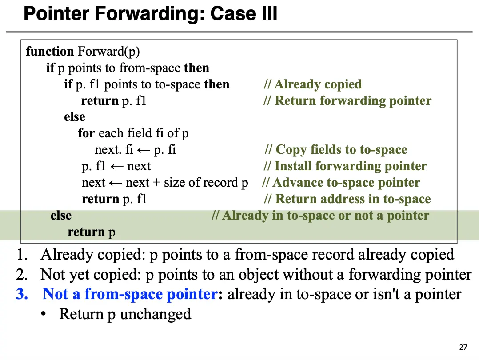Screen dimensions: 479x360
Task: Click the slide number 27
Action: pos(463,347)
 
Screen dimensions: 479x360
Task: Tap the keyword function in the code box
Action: pos(50,51)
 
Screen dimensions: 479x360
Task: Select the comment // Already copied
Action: pos(313,84)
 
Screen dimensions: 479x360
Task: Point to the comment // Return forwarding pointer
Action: pos(347,100)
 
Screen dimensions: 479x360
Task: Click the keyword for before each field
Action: pos(86,133)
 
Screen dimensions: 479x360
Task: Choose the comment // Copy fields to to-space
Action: pos(336,150)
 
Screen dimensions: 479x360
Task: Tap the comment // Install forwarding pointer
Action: pos(345,166)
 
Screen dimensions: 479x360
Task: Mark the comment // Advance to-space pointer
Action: pos(341,183)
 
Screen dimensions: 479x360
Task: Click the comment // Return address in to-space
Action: pos(347,199)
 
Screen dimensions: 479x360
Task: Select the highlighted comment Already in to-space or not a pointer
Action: pos(320,216)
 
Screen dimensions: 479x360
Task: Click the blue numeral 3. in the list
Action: pos(22,294)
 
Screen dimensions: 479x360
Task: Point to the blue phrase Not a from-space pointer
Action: pos(130,294)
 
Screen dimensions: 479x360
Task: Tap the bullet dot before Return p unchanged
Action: pos(44,314)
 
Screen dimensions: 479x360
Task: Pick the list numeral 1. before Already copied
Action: pos(22,255)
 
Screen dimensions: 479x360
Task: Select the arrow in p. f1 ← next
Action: pos(116,167)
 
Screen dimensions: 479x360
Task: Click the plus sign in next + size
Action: pos(156,183)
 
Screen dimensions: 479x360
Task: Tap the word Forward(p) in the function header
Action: pos(109,52)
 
